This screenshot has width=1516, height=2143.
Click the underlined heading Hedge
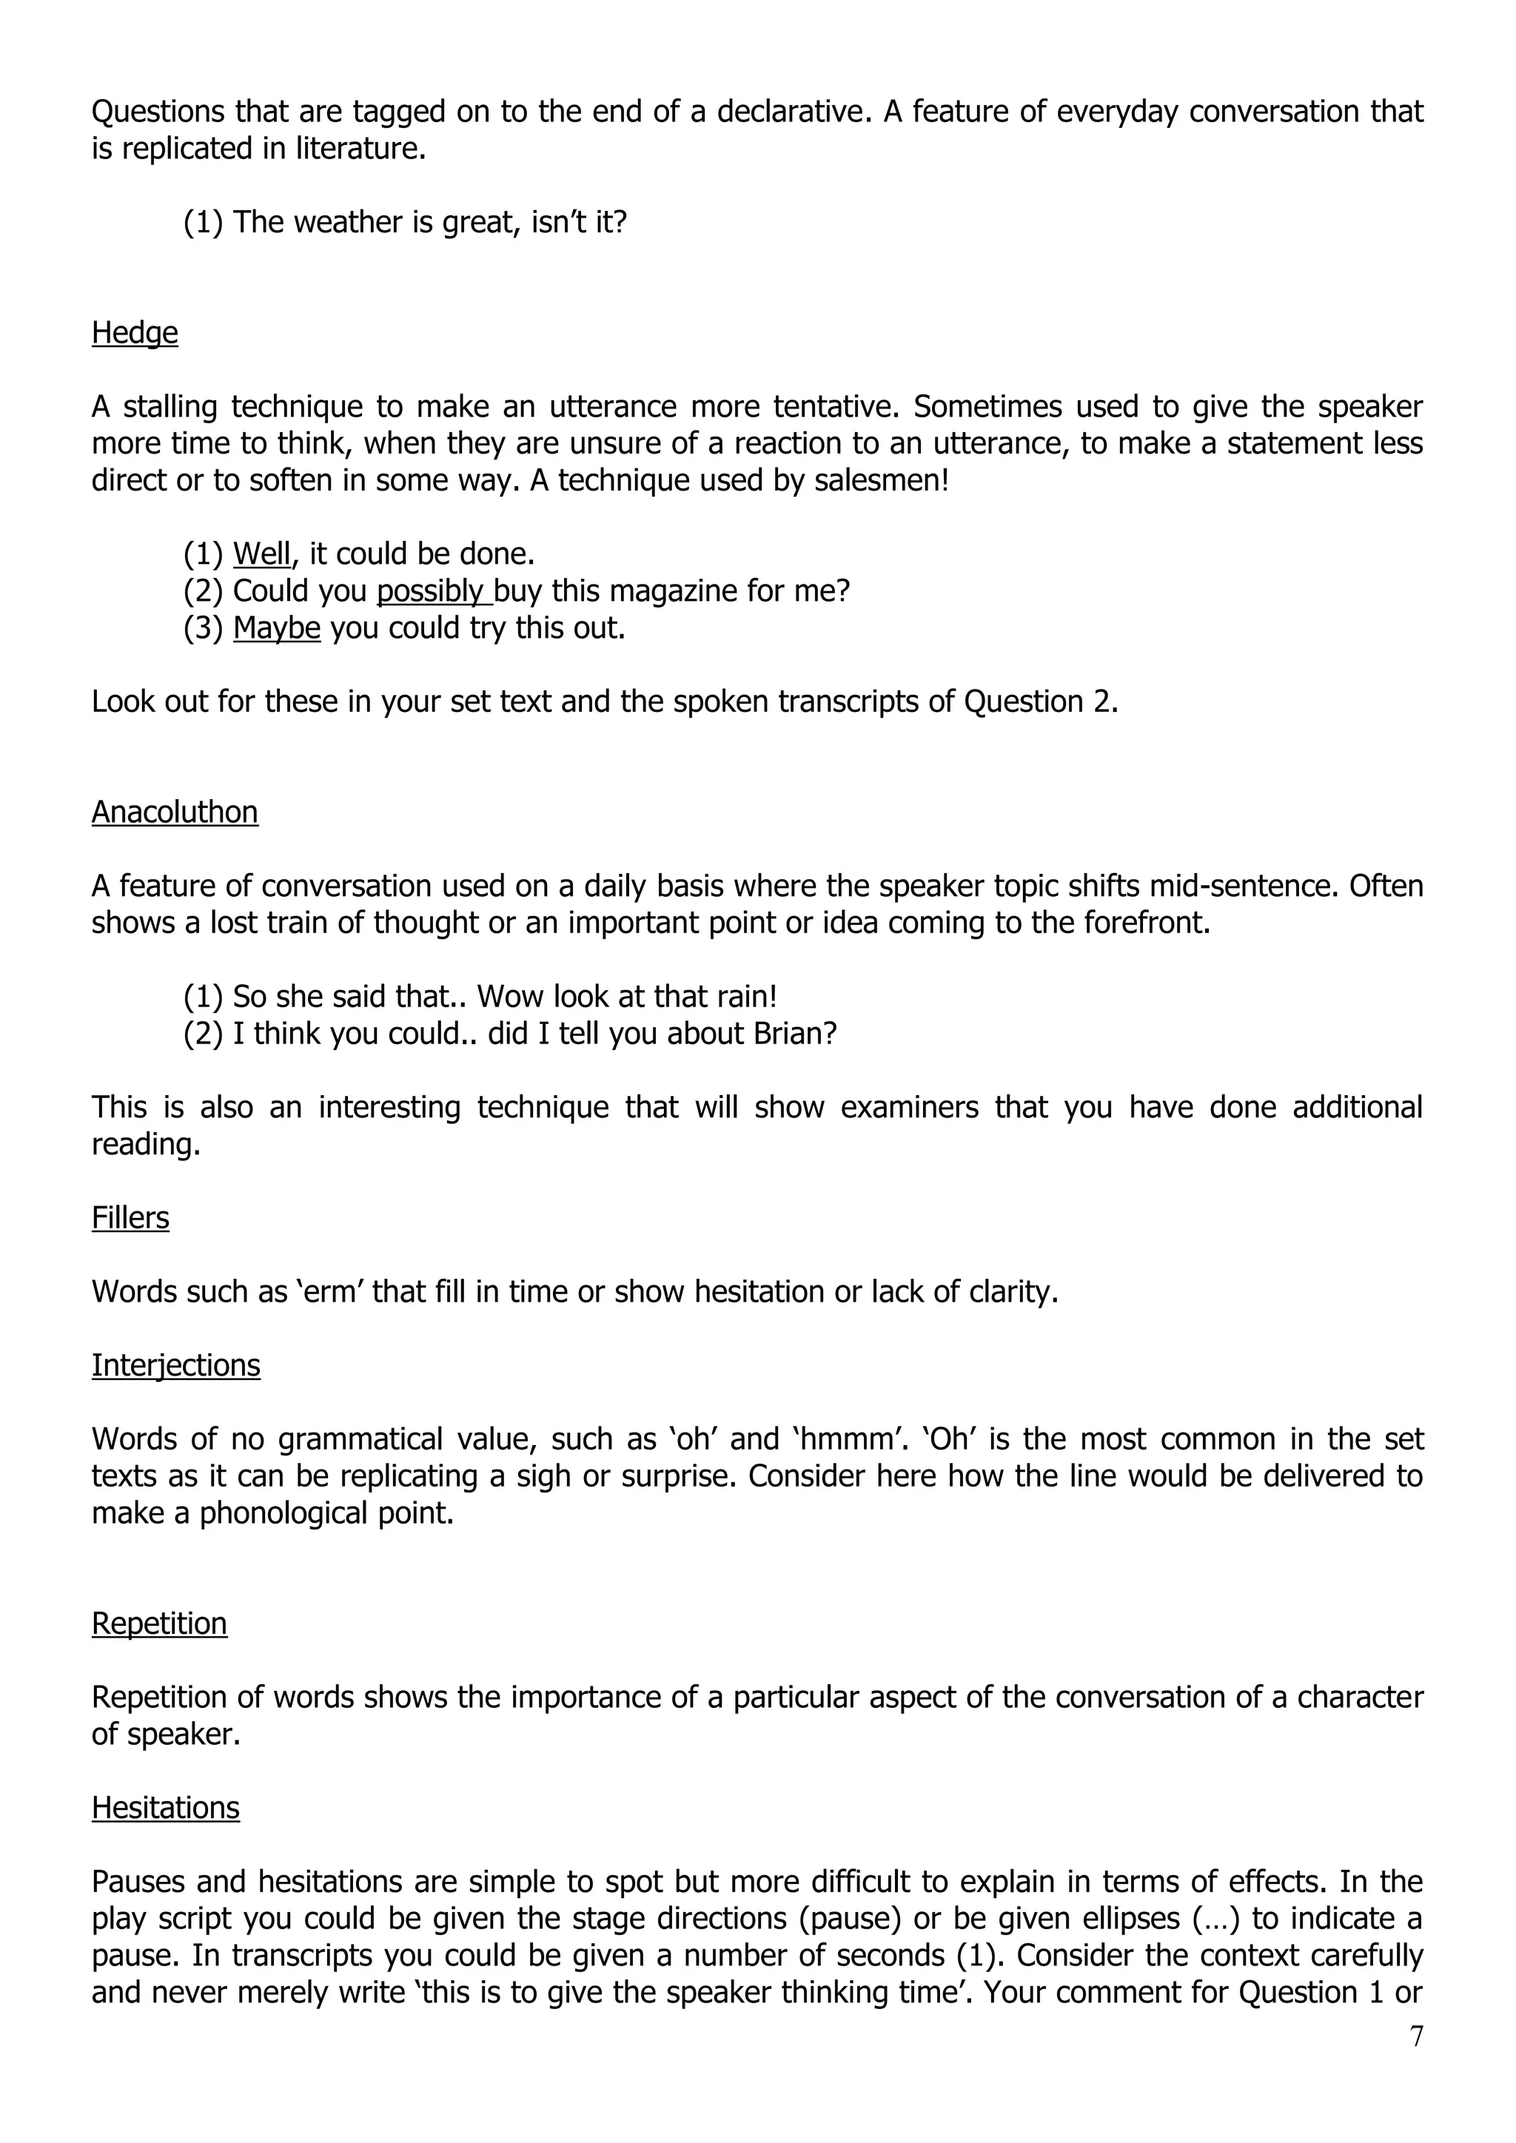pos(135,333)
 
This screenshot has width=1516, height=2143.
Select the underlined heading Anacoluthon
pos(175,812)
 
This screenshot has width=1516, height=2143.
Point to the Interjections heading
pos(175,1365)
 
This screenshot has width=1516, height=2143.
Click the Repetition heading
pos(158,1623)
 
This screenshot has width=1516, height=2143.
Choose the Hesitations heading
pos(165,1808)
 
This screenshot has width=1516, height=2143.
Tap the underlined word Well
pos(261,554)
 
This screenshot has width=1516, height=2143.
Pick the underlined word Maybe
pos(276,628)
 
